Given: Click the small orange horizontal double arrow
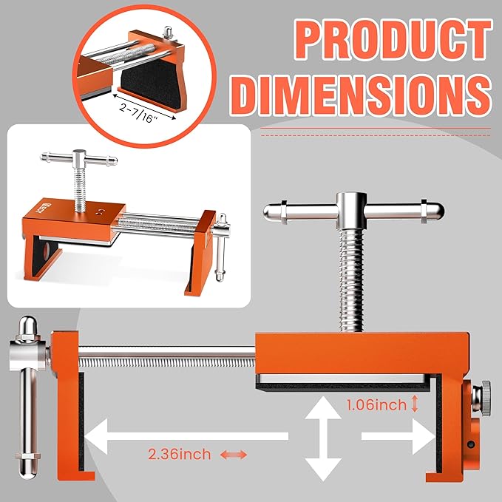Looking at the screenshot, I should click(231, 454).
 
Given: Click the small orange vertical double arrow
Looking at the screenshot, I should click(416, 404).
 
